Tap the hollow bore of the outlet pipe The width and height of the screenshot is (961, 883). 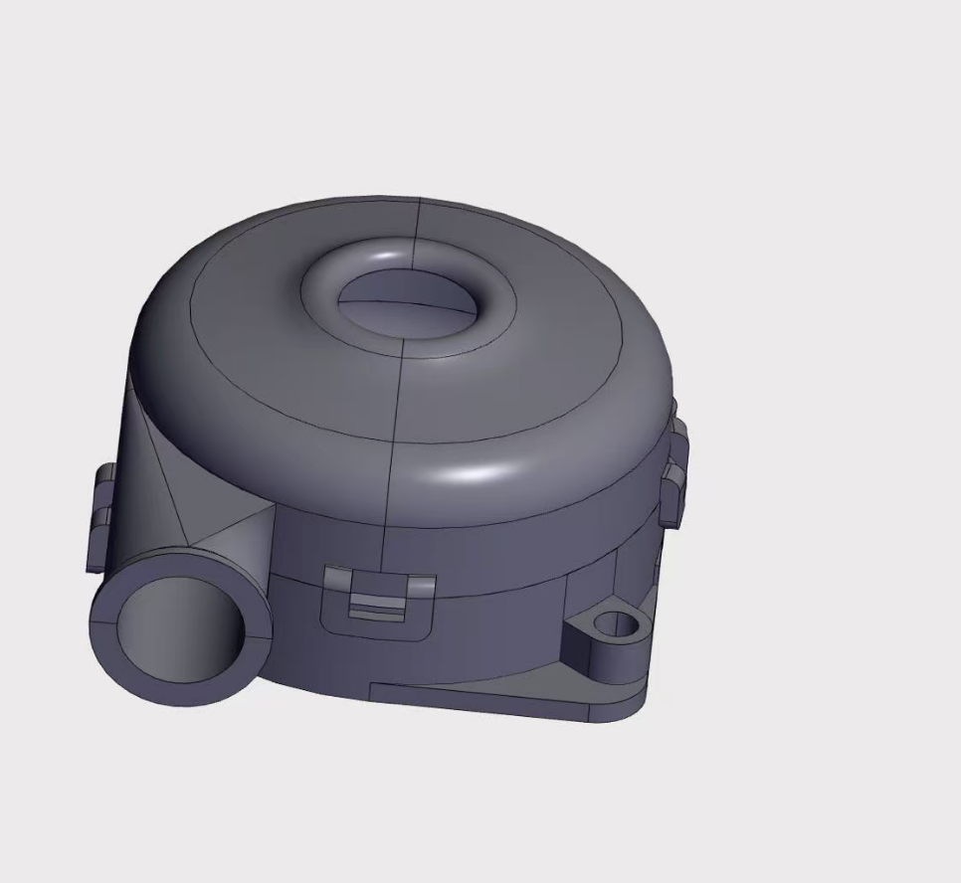coord(179,631)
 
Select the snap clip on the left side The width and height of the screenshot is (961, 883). coord(99,517)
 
